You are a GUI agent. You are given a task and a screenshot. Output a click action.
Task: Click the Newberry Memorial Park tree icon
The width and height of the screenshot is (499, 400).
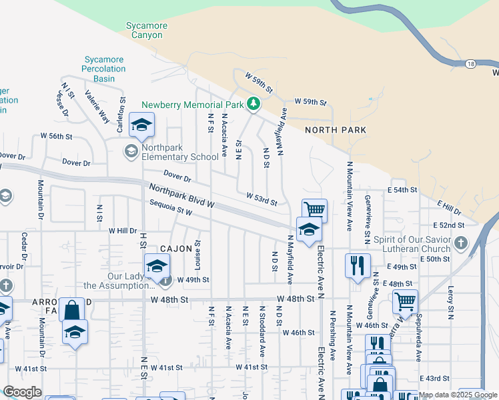coord(253,104)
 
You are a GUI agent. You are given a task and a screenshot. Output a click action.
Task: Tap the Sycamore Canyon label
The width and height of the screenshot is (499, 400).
coord(147,31)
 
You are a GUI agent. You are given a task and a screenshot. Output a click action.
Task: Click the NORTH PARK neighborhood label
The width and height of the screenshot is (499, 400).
coord(336,130)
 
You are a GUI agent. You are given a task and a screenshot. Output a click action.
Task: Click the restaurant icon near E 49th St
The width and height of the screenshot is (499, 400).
coord(358,265)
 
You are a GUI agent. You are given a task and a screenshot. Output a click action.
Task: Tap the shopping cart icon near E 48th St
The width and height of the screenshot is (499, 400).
coord(405,301)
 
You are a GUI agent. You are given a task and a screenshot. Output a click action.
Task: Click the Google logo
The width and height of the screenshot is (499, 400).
coord(22,392)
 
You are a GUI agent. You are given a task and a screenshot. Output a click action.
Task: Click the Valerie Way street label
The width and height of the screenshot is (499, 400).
coord(97,107)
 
